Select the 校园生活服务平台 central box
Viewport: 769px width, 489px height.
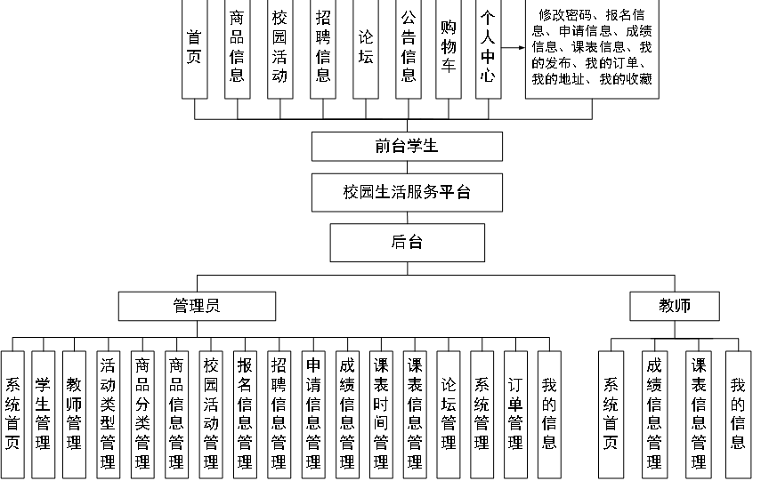(407, 192)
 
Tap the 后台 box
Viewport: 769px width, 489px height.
(407, 242)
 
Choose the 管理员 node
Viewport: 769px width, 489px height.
(196, 306)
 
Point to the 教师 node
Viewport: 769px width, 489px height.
(674, 306)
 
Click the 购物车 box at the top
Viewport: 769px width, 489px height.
(449, 49)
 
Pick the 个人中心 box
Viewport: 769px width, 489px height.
(487, 49)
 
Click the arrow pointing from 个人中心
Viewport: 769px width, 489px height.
(513, 49)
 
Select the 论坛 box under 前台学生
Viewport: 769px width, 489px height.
(366, 49)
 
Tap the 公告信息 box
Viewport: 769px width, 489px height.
(408, 49)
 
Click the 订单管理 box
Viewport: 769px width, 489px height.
(515, 402)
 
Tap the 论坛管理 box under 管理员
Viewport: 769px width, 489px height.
(449, 402)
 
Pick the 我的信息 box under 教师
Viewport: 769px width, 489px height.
(738, 402)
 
